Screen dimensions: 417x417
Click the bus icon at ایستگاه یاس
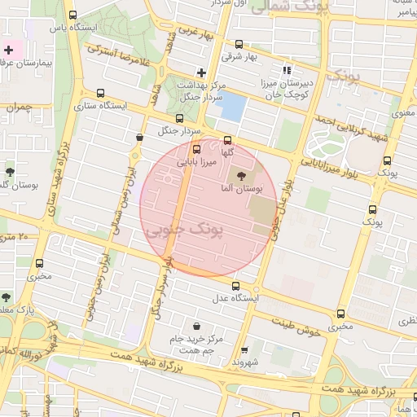click(73, 15)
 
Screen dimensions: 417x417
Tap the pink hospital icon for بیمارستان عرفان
click(9, 50)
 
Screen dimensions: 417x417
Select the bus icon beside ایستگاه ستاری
click(100, 94)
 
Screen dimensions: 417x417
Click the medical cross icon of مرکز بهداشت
click(201, 72)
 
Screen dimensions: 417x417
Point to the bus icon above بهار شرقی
click(239, 45)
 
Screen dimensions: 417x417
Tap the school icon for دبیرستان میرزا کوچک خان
click(286, 70)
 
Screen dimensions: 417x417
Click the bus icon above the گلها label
click(227, 140)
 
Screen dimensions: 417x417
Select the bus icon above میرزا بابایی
click(195, 150)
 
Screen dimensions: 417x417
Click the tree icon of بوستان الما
click(239, 175)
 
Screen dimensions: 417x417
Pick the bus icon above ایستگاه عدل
click(236, 286)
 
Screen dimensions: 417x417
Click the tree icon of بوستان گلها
click(9, 172)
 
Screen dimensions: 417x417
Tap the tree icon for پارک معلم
click(7, 297)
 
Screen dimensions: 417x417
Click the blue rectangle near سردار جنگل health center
click(234, 106)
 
